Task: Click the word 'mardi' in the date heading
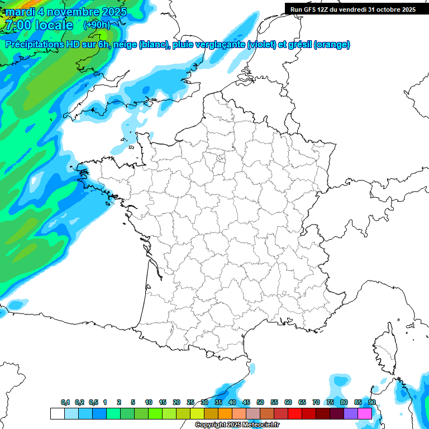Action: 21,12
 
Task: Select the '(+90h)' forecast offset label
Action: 96,25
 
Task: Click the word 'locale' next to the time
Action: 54,25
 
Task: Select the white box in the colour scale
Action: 57,413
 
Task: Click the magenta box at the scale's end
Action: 365,413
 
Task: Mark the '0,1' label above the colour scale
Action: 65,402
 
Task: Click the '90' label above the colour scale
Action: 371,402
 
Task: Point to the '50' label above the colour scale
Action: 260,402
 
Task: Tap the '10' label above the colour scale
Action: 149,402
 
